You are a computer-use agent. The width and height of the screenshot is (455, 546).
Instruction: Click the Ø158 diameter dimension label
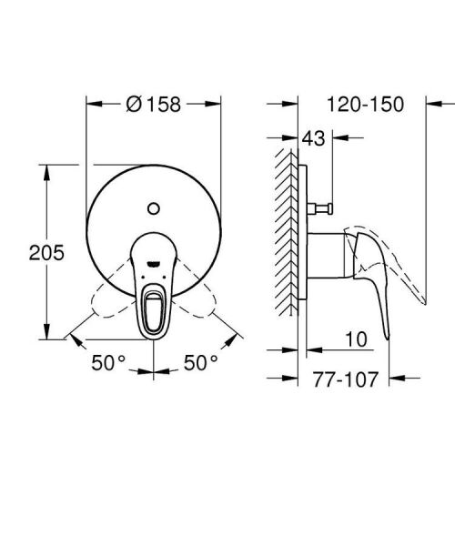[x=154, y=104]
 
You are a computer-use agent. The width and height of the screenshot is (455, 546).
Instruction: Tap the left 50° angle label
[x=107, y=362]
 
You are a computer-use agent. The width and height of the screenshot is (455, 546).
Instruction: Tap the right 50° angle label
[x=201, y=362]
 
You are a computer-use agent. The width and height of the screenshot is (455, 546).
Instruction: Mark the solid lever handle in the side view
[x=373, y=282]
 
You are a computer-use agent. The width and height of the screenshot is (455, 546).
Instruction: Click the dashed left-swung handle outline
[x=105, y=300]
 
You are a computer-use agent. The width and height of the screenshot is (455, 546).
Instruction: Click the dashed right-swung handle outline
[x=204, y=300]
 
